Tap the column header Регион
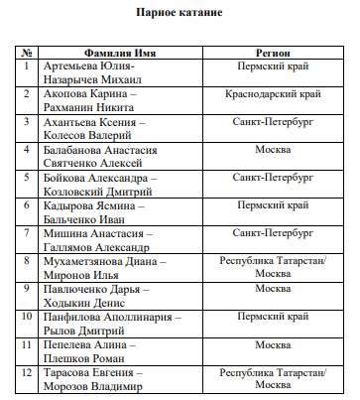point(272,50)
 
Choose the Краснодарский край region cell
point(272,92)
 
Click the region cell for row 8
point(272,266)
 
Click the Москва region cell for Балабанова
point(272,148)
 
